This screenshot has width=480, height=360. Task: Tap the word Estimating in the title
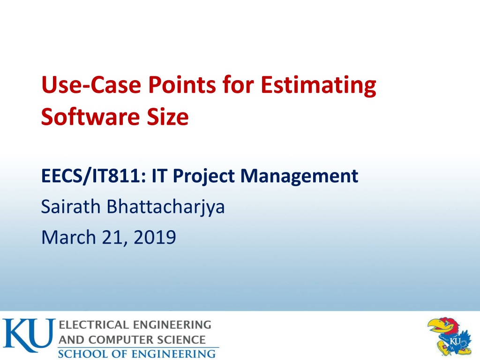(x=318, y=86)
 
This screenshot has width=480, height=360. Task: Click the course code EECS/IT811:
(x=93, y=176)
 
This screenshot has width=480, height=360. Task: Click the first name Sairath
(x=71, y=206)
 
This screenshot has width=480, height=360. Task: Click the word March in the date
(x=68, y=237)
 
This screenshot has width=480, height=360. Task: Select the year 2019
(x=155, y=237)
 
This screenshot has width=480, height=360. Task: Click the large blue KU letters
(x=29, y=335)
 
